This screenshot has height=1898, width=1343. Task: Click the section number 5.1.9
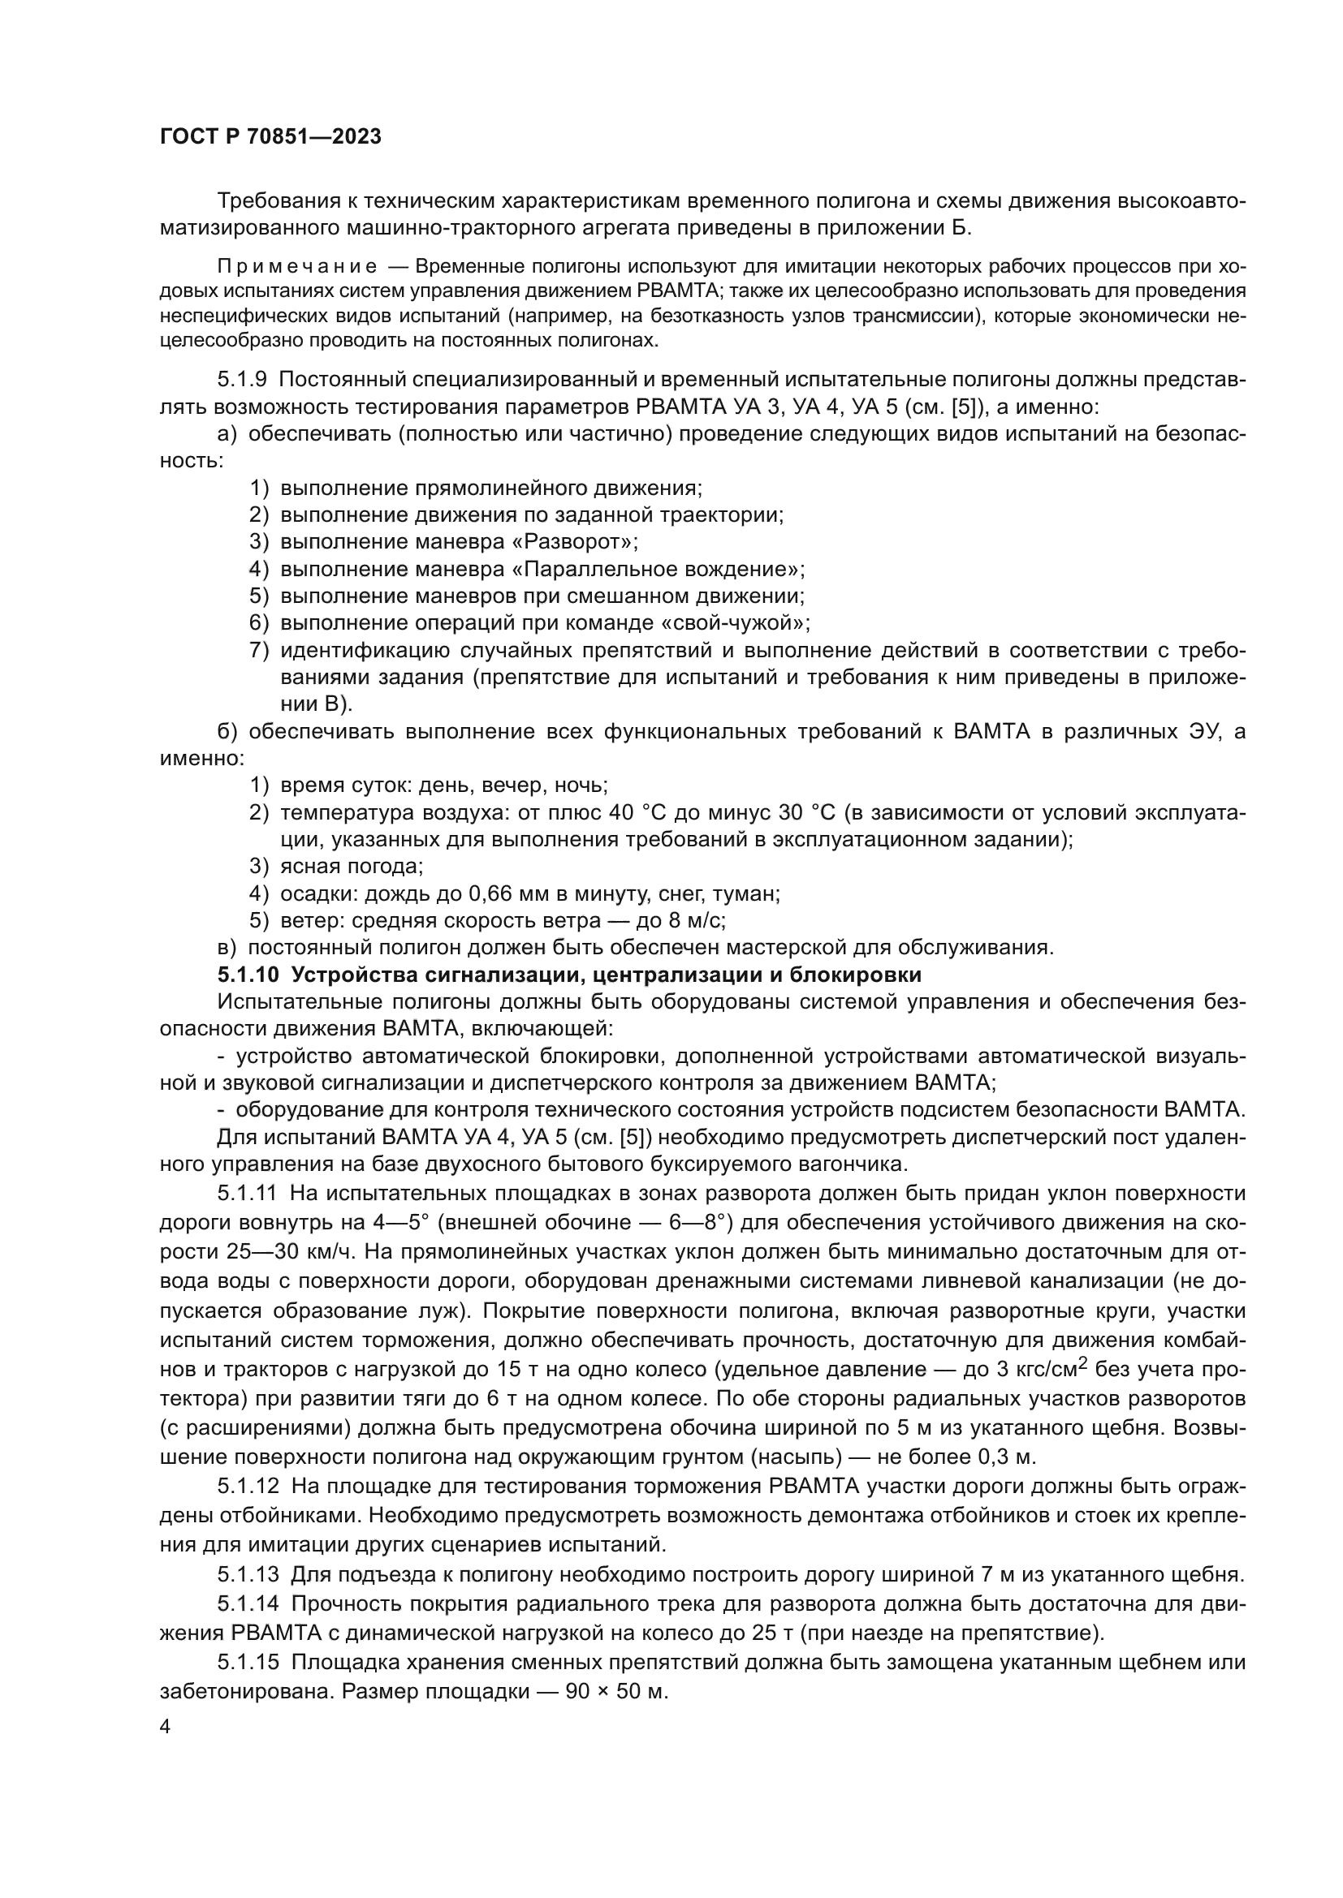[242, 381]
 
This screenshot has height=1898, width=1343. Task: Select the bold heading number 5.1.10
[249, 975]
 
